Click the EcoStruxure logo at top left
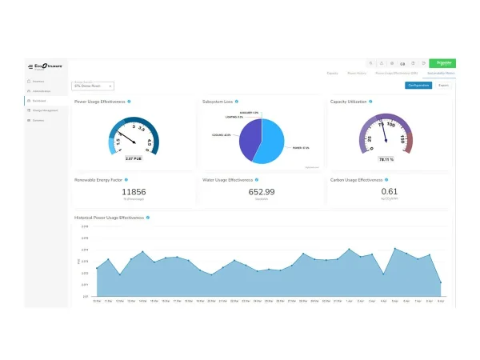47,65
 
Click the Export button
443,85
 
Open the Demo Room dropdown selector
93,86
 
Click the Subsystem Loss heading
218,102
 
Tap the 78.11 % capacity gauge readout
386,159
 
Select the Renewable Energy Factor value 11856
134,192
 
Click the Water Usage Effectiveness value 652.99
262,192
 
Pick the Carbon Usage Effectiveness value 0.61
389,192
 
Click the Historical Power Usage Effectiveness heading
110,218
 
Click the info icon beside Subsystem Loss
237,102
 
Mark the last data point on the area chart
441,282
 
